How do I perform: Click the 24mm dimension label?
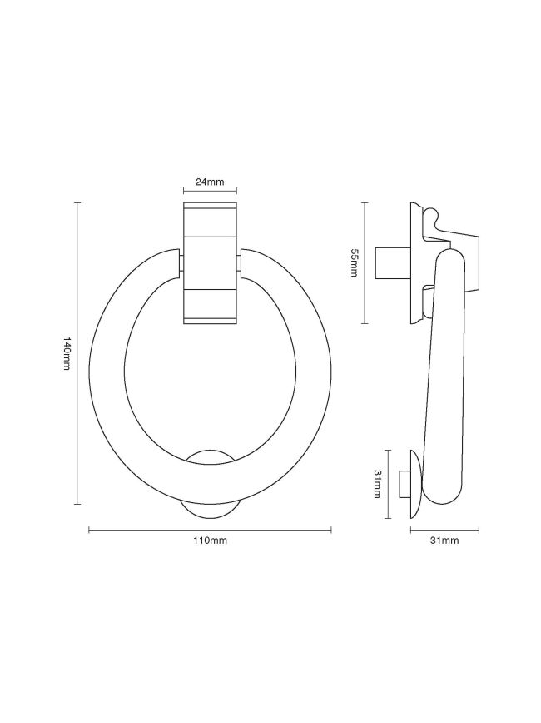pyautogui.click(x=210, y=182)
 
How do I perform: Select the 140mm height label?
pyautogui.click(x=67, y=354)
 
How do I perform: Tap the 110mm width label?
pyautogui.click(x=210, y=541)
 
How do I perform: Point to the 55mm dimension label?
pyautogui.click(x=354, y=263)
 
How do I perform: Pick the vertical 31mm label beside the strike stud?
pyautogui.click(x=378, y=484)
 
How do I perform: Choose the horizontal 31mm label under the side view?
pyautogui.click(x=444, y=541)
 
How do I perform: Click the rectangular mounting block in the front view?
pyautogui.click(x=210, y=263)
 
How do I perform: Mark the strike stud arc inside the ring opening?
pyautogui.click(x=210, y=454)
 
